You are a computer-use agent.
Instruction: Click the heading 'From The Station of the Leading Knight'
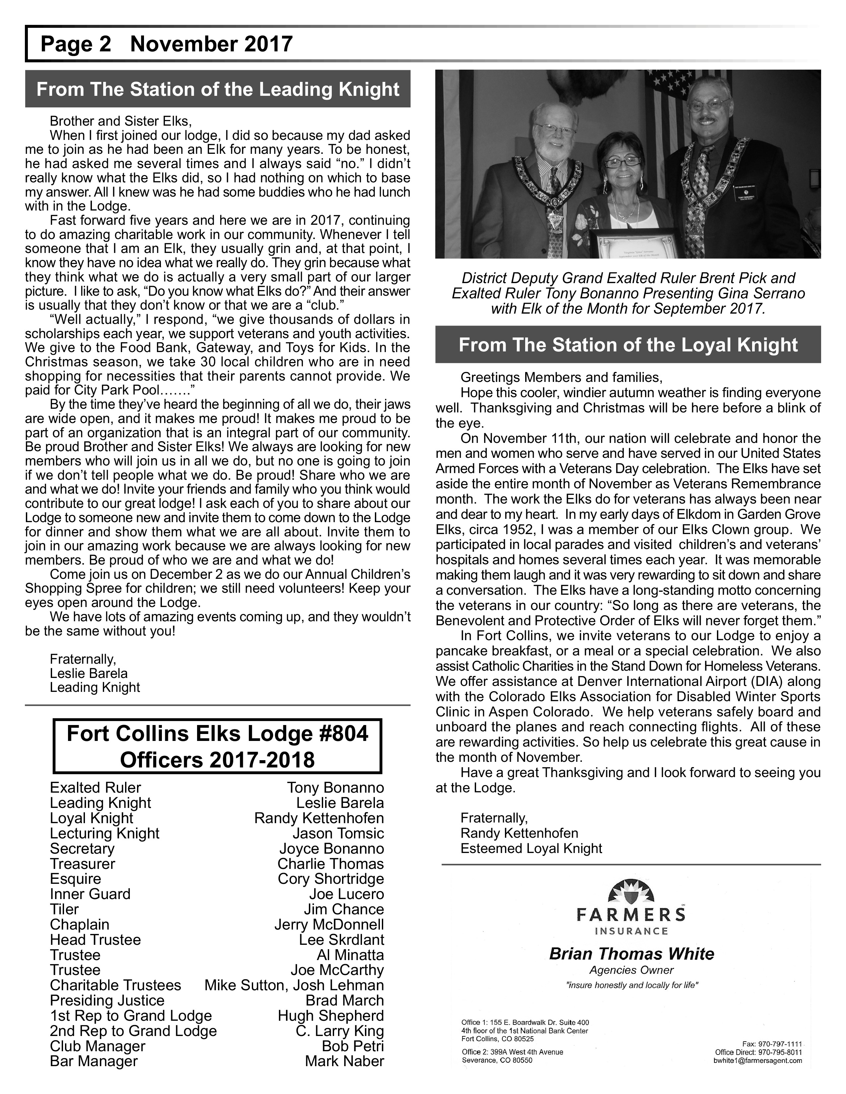coord(218,89)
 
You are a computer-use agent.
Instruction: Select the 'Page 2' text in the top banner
coord(76,44)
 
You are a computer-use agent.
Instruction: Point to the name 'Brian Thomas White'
coord(631,954)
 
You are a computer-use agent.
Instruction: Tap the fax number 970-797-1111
coord(772,1044)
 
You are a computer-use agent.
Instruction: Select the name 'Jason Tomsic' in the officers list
coord(338,833)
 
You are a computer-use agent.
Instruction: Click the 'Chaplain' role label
coord(79,925)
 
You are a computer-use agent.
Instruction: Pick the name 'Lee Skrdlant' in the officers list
coord(341,940)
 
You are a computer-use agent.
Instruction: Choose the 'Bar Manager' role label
coord(94,1061)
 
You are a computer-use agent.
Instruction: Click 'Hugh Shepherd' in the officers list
coord(331,1016)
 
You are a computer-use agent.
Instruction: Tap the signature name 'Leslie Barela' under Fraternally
coord(89,673)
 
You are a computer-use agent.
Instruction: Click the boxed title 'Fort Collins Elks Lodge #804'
coord(218,734)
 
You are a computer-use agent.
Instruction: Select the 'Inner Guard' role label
coord(90,894)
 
